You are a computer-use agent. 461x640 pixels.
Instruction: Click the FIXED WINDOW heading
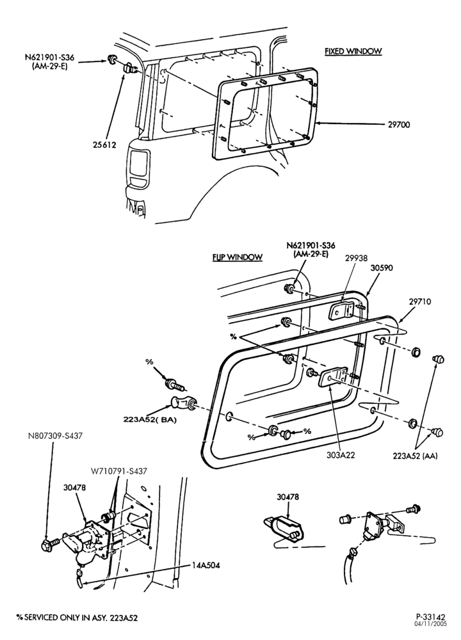[x=353, y=51]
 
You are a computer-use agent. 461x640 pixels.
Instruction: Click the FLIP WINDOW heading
[x=238, y=257]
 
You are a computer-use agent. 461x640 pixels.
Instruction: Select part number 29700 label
[x=399, y=125]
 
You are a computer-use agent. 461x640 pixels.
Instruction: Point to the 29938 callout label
[x=356, y=258]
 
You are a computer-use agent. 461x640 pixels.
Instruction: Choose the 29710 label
[x=419, y=301]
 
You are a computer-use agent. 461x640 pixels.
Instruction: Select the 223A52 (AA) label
[x=416, y=456]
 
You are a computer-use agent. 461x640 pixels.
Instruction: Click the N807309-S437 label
[x=55, y=436]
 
